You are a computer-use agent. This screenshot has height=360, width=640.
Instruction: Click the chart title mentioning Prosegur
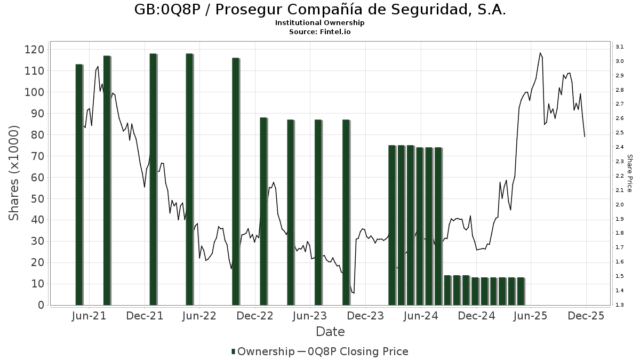(319, 10)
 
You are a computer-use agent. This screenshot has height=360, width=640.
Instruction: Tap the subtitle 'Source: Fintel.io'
(319, 32)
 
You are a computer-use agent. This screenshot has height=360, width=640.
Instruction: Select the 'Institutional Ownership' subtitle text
(319, 23)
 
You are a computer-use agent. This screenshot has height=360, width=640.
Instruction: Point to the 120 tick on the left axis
(35, 50)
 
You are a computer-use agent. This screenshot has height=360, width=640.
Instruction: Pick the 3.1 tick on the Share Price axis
(620, 47)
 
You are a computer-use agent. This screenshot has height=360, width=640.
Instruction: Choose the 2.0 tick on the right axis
(620, 205)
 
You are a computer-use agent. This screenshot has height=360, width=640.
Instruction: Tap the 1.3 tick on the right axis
(620, 305)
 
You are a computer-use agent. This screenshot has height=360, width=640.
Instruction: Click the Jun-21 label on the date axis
(89, 316)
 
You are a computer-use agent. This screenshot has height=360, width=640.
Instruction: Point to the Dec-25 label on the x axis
(586, 316)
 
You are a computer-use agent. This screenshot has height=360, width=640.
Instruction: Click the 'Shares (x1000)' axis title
(14, 173)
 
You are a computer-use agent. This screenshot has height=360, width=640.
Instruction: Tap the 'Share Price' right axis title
(630, 173)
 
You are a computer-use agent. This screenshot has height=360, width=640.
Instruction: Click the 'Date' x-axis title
(330, 332)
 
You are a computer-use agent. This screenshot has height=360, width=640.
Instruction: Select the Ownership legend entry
(263, 351)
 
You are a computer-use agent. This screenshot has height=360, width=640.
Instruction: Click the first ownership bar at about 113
(79, 184)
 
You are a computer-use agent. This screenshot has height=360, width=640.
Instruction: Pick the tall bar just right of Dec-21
(153, 179)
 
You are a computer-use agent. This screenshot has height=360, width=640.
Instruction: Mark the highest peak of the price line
(540, 53)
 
